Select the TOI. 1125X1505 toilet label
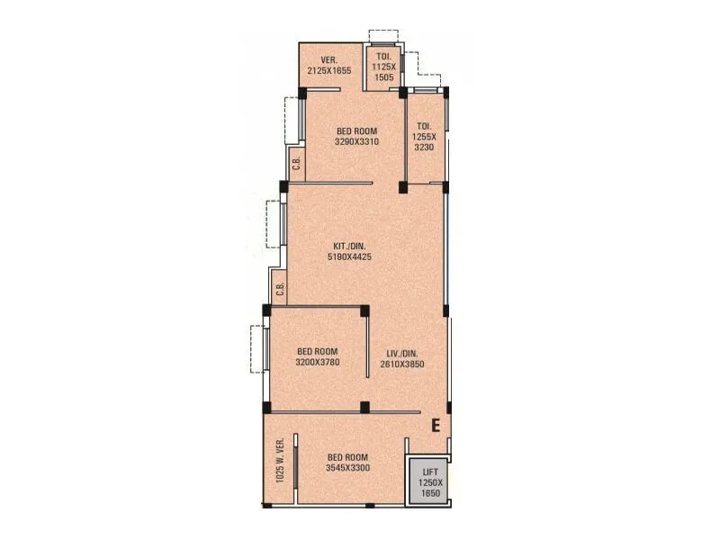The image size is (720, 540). pyautogui.click(x=383, y=67)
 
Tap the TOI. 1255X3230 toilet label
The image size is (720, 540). pyautogui.click(x=424, y=138)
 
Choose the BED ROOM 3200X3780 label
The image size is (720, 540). pyautogui.click(x=318, y=357)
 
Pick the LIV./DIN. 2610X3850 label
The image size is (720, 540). pyautogui.click(x=401, y=357)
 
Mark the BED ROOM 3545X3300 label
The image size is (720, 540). pyautogui.click(x=346, y=463)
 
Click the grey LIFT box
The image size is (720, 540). pyautogui.click(x=426, y=482)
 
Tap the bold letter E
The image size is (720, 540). pyautogui.click(x=435, y=426)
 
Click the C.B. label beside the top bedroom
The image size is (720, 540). pyautogui.click(x=296, y=165)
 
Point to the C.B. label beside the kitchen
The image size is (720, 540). pyautogui.click(x=280, y=289)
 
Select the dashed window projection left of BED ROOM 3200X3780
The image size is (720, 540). pyautogui.click(x=256, y=348)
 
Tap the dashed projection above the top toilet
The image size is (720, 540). pyautogui.click(x=382, y=36)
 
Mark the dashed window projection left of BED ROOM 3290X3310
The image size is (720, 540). pyautogui.click(x=292, y=119)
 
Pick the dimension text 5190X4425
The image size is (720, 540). pyautogui.click(x=350, y=257)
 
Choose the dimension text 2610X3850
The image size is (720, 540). pyautogui.click(x=401, y=364)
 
